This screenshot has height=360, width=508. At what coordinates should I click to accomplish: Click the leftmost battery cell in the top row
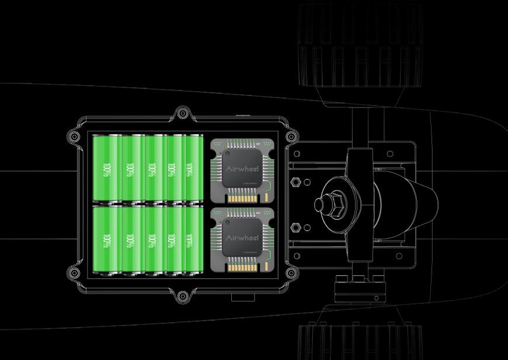(x=106, y=169)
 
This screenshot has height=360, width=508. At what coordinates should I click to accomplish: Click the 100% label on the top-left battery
(x=106, y=171)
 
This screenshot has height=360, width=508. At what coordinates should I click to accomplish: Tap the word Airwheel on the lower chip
(x=242, y=237)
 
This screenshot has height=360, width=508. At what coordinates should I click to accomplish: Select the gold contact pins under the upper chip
(x=242, y=197)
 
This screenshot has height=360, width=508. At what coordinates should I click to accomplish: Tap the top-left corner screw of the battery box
(x=74, y=137)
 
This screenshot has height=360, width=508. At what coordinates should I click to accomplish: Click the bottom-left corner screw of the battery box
(x=74, y=271)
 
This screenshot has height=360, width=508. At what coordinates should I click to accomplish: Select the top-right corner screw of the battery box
(x=290, y=137)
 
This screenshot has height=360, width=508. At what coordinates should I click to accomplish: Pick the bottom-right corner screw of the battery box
(x=290, y=271)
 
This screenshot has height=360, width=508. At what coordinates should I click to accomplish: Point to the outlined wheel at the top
(x=359, y=47)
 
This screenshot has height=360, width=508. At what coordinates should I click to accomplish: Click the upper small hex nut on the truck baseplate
(x=295, y=182)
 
